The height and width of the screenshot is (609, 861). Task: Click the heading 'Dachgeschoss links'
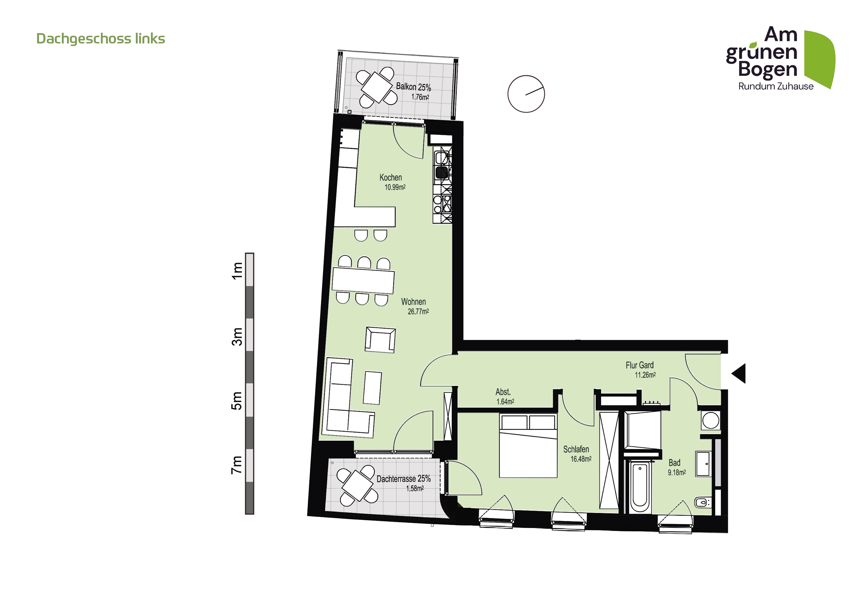100,39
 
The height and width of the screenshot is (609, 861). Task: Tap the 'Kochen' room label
390,177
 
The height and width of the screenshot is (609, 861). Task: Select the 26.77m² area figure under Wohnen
418,311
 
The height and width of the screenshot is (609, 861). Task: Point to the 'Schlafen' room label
576,449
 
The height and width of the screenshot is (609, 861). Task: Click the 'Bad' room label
674,463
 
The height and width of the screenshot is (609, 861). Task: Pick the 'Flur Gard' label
639,365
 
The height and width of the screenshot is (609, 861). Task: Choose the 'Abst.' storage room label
503,392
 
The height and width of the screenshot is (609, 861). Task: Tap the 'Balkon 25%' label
413,87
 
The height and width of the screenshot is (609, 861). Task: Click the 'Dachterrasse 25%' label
403,479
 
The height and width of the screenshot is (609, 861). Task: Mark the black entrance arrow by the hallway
740,373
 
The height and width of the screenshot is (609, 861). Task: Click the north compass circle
526,94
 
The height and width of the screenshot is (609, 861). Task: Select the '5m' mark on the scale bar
237,401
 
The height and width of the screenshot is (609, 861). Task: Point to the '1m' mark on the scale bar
237,270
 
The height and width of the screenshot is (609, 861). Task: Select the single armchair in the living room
380,340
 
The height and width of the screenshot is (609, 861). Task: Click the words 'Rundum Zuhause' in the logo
776,86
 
